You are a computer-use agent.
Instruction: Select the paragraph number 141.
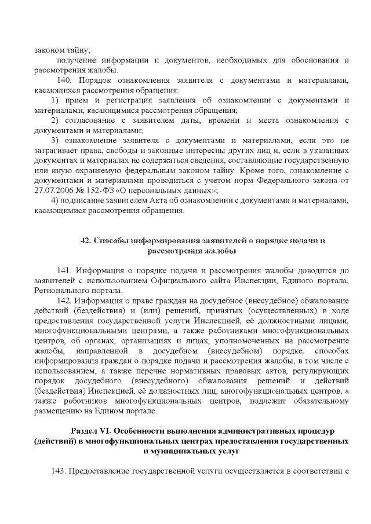[66, 270]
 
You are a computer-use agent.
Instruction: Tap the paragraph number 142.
[66, 300]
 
